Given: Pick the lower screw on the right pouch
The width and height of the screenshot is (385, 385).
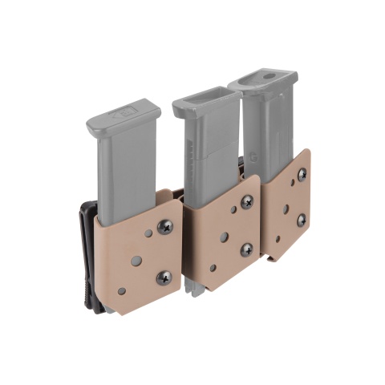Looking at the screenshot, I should [302, 219].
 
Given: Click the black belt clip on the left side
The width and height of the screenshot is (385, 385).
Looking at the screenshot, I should [85, 257].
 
